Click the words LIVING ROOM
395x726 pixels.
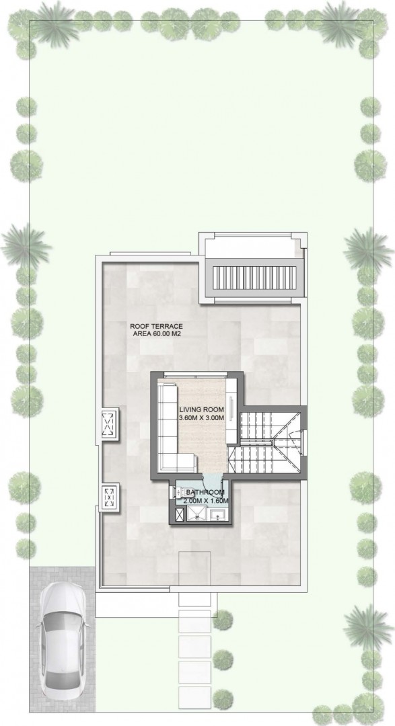click(x=202, y=410)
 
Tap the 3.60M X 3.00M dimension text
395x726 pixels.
click(x=202, y=418)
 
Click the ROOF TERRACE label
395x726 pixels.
click(x=156, y=326)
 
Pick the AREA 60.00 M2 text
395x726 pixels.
click(x=156, y=334)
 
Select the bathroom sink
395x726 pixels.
click(x=217, y=514)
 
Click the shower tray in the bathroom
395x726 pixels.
click(x=198, y=514)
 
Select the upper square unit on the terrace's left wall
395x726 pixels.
click(x=110, y=424)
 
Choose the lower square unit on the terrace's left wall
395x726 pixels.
click(x=110, y=496)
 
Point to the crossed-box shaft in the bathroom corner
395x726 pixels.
click(x=179, y=514)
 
